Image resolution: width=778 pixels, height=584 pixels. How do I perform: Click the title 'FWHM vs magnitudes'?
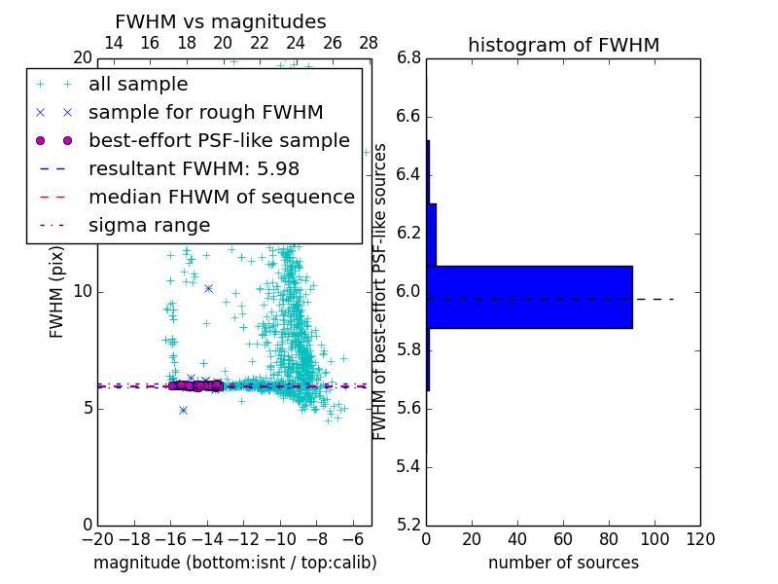(x=220, y=22)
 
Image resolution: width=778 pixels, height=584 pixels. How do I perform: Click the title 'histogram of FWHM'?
(x=563, y=46)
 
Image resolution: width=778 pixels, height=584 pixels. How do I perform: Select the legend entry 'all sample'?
(x=138, y=85)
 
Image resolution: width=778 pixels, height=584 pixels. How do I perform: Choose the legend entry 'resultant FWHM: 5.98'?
(x=194, y=169)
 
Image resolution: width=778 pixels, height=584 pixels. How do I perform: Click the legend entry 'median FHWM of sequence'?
(x=221, y=198)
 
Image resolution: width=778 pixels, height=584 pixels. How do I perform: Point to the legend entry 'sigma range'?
(x=149, y=226)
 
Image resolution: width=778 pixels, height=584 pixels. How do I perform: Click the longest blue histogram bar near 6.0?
(x=529, y=297)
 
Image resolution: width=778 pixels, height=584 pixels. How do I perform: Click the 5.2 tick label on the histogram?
(x=408, y=525)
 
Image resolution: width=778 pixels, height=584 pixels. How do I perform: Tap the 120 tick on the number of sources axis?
(x=700, y=539)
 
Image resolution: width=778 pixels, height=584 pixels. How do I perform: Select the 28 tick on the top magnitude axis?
(x=369, y=43)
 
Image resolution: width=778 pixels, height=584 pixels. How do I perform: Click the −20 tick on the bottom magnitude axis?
(x=97, y=539)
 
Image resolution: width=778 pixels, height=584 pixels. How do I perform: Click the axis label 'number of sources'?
(x=563, y=563)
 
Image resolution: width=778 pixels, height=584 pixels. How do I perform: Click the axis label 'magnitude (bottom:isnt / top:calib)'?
(x=234, y=563)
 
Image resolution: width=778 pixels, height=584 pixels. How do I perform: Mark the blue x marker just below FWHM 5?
(x=183, y=410)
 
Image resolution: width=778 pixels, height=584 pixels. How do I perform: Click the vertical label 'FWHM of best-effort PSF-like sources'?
(x=380, y=291)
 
